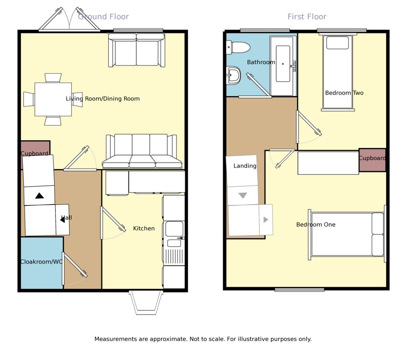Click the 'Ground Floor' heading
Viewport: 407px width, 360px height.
click(103, 17)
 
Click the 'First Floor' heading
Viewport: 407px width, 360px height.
click(307, 17)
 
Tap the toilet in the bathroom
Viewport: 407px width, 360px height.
click(238, 48)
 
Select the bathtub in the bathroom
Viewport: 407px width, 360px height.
click(283, 66)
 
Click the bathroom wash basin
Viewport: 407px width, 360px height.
click(233, 76)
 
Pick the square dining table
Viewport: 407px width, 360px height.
click(53, 99)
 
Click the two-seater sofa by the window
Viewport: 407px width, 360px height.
click(137, 50)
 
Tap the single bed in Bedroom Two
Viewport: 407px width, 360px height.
click(338, 73)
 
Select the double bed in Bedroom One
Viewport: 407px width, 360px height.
click(347, 234)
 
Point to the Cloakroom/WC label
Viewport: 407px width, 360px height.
click(41, 262)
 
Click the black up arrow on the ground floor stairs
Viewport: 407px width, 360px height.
click(40, 196)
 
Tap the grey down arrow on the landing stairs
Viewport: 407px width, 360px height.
click(243, 195)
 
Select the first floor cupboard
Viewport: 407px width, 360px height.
click(373, 160)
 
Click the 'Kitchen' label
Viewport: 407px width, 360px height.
click(144, 229)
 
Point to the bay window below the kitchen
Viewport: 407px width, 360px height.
click(146, 303)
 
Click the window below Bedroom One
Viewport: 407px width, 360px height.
click(300, 289)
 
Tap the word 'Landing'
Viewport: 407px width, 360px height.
click(245, 166)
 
